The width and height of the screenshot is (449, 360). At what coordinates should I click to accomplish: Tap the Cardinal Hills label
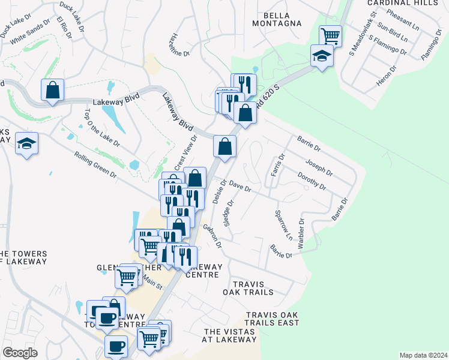point(412,3)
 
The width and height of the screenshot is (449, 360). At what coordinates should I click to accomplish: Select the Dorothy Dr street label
point(312,181)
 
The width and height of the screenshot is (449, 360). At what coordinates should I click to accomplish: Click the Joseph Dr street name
point(319,167)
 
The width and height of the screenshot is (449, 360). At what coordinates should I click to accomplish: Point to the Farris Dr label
point(277,165)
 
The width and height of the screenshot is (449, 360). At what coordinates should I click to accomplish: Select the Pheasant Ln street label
point(403,19)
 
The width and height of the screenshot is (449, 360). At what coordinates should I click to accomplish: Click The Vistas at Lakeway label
point(230,335)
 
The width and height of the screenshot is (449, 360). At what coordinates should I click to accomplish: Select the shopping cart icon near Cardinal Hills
point(330,35)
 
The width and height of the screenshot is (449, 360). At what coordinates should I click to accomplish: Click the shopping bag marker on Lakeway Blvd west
point(52,90)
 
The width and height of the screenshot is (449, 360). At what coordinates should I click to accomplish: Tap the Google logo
point(20,353)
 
